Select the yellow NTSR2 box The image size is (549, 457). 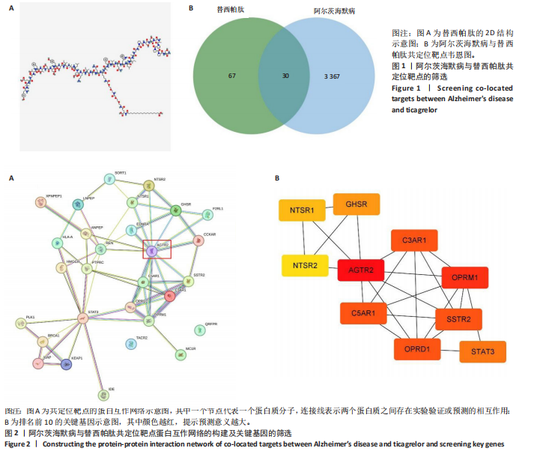pos(305,265)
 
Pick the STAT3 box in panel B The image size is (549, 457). pos(482,351)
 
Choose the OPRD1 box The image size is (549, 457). pos(417,349)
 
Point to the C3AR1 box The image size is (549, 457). pos(413,240)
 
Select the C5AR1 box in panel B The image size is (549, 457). pos(363,313)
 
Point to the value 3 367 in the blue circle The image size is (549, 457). pos(333,76)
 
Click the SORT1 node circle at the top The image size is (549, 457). pos(110,178)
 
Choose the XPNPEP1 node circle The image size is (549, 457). pos(42,202)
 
